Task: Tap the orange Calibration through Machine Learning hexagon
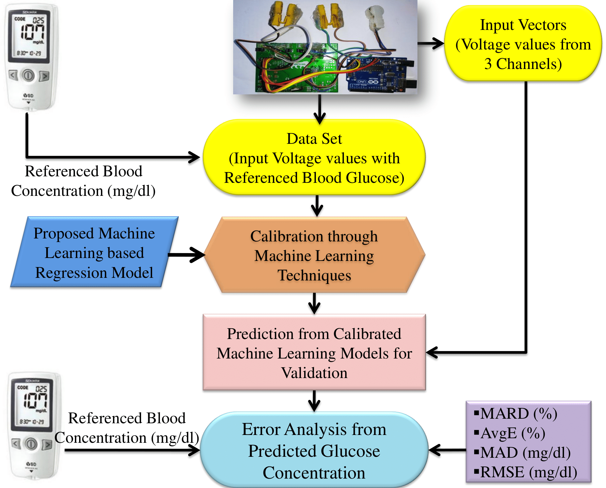click(314, 255)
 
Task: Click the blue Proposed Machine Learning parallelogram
click(94, 252)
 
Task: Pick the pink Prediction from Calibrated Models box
click(314, 352)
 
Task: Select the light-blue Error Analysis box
click(314, 450)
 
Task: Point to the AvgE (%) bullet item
click(510, 433)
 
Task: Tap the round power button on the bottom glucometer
click(31, 444)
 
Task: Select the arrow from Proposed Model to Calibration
click(186, 255)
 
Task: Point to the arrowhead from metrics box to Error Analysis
click(434, 450)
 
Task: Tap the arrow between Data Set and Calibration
click(317, 206)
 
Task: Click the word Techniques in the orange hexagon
click(314, 276)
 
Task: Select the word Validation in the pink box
click(314, 373)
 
